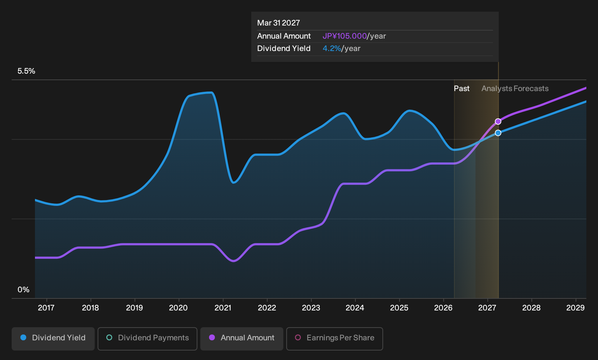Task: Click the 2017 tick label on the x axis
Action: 46,308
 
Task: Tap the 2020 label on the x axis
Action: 178,308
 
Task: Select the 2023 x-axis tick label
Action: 311,308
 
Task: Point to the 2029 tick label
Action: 575,308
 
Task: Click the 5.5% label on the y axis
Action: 26,71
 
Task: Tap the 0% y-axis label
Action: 24,290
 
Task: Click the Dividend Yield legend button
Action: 53,339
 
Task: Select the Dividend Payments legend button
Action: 147,339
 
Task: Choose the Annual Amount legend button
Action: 241,339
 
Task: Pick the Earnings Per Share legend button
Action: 334,339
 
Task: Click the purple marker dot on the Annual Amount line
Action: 498,121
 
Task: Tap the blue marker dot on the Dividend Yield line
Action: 498,133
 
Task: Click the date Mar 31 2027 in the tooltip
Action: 279,23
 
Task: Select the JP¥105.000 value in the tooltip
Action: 345,36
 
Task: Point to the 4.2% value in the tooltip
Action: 332,48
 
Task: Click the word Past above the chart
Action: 461,89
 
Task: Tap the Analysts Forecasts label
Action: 515,89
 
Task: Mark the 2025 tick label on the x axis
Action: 399,308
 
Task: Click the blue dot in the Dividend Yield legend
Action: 24,337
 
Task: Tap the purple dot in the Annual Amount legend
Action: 212,337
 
